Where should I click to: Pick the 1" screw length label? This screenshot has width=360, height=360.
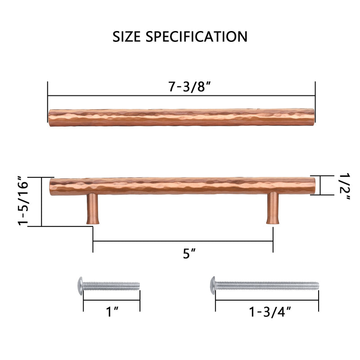(112, 311)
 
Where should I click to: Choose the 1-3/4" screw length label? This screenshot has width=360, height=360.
(268, 311)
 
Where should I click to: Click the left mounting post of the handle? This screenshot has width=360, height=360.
(91, 209)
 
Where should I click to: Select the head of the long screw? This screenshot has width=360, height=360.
(213, 284)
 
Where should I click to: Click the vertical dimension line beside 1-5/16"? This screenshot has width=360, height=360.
(41, 202)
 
